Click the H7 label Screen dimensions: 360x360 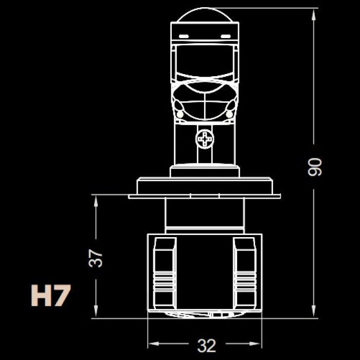[x=51, y=295]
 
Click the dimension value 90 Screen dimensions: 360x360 [x=315, y=167]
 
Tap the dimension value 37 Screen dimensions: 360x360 [x=96, y=258]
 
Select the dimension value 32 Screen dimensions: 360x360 [x=207, y=346]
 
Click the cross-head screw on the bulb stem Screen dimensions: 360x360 [x=205, y=139]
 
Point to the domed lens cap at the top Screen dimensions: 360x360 [x=205, y=15]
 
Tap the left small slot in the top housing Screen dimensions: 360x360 [x=184, y=37]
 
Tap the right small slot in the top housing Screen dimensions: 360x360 [x=225, y=37]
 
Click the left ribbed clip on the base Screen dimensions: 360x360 [x=165, y=274]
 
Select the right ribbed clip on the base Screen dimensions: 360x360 [x=245, y=274]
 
